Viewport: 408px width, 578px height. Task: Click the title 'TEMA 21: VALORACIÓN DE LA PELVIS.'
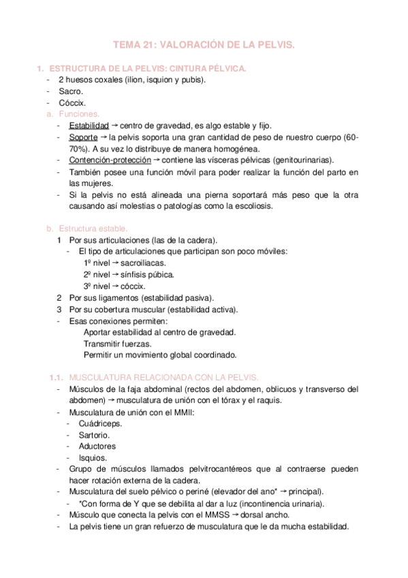point(204,45)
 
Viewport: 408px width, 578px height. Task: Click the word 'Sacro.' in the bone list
point(71,91)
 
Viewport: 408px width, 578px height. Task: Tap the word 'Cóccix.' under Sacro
point(72,102)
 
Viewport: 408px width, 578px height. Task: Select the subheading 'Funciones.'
point(80,114)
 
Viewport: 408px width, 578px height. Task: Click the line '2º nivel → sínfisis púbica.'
point(129,275)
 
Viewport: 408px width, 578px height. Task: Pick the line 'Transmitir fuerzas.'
point(117,344)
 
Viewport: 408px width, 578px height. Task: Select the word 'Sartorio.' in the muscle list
point(94,435)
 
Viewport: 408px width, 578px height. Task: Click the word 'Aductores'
point(97,446)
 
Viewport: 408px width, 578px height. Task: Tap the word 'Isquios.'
point(93,457)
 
